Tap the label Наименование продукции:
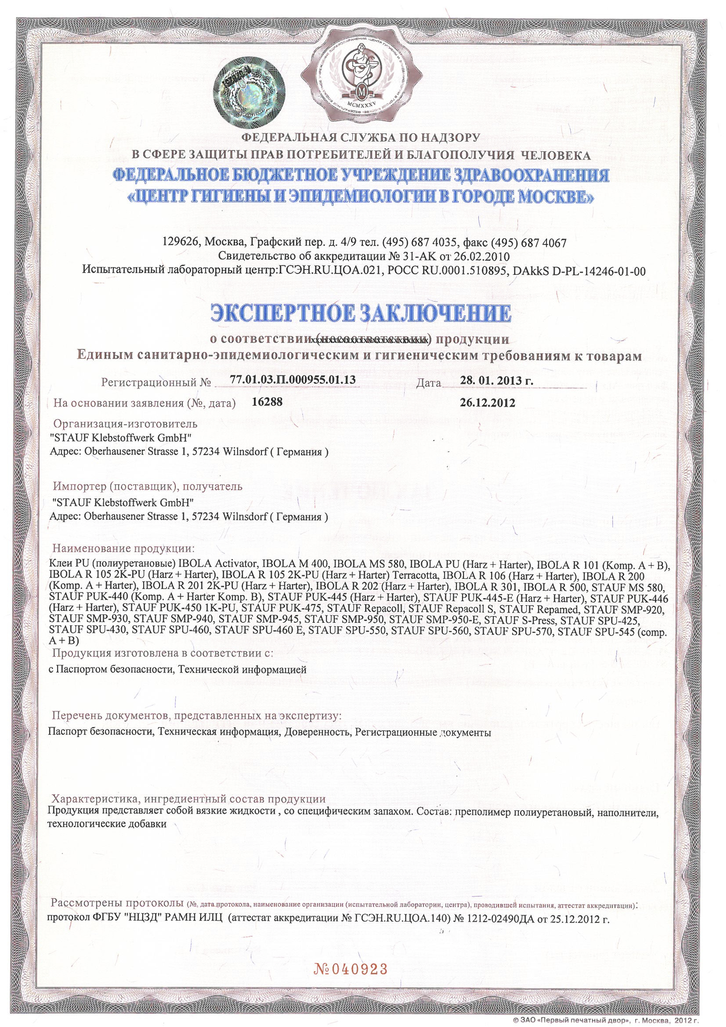pyautogui.click(x=124, y=548)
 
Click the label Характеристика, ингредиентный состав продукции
pyautogui.click(x=189, y=761)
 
